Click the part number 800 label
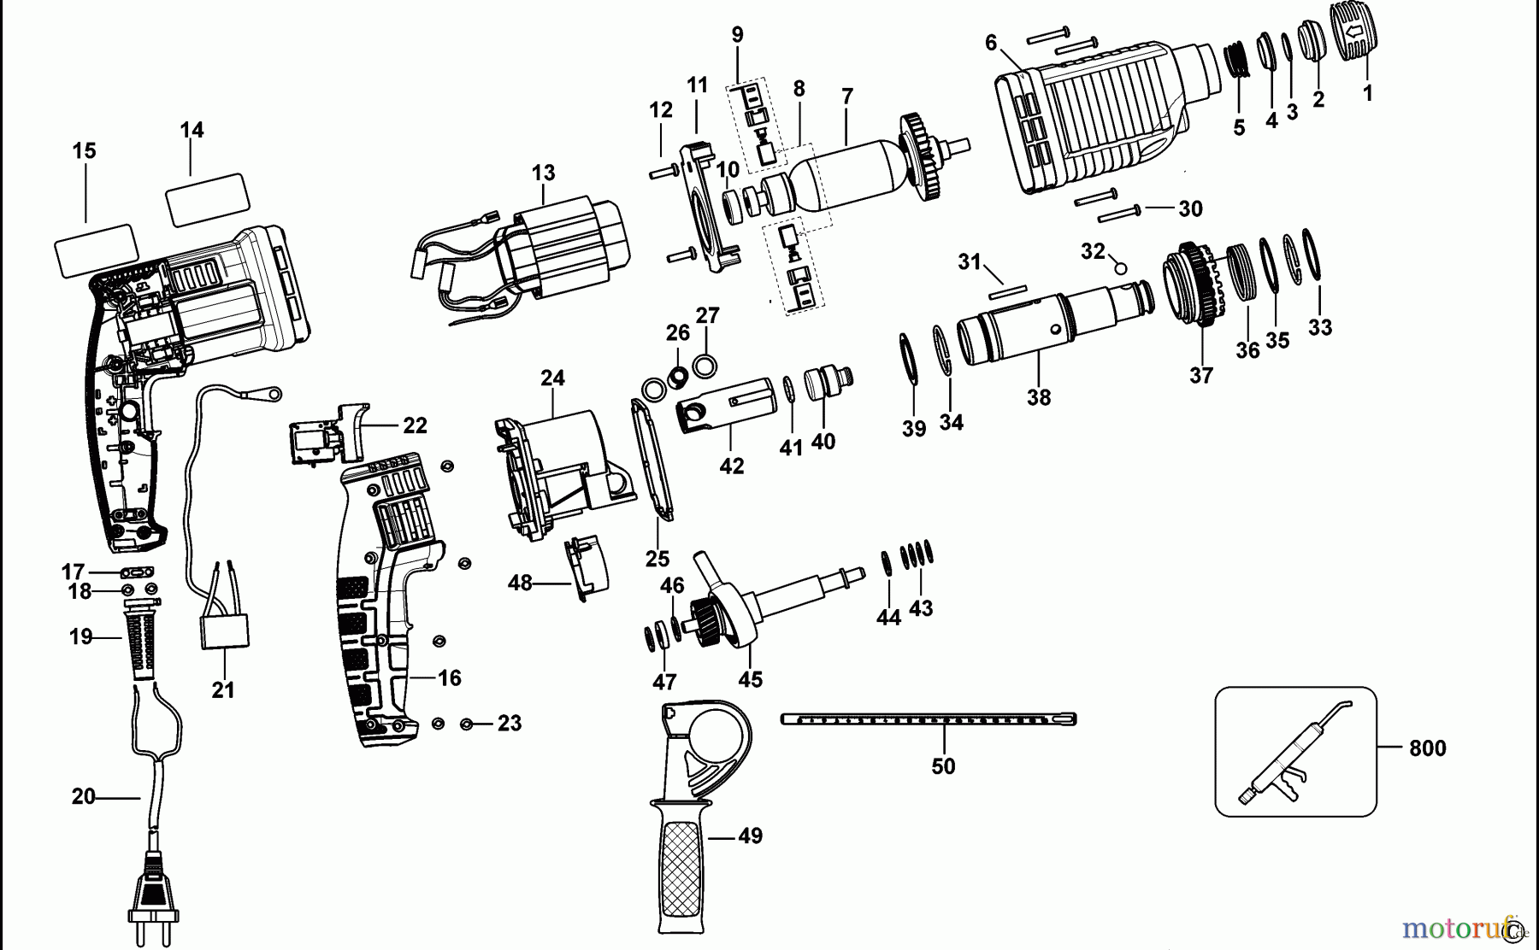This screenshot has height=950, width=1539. pyautogui.click(x=1427, y=748)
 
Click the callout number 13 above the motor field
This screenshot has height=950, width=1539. pyautogui.click(x=543, y=173)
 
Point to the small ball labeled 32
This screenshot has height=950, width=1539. pyautogui.click(x=1120, y=268)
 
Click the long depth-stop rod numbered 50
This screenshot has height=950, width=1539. pyautogui.click(x=928, y=719)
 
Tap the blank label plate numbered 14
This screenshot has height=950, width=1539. pyautogui.click(x=208, y=200)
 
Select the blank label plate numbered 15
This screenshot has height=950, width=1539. pyautogui.click(x=96, y=251)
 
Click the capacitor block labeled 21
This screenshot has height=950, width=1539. pyautogui.click(x=224, y=631)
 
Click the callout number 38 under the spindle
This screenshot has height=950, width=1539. pyautogui.click(x=1039, y=398)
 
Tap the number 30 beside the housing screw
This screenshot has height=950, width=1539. pyautogui.click(x=1190, y=208)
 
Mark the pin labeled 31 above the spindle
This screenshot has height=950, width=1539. pyautogui.click(x=1005, y=291)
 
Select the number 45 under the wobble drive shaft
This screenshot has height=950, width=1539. pyautogui.click(x=751, y=680)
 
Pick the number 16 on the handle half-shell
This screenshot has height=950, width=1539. pyautogui.click(x=450, y=678)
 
